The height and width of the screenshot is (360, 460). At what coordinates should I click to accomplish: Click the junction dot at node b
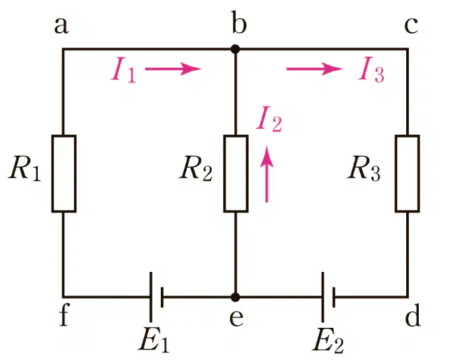point(235,49)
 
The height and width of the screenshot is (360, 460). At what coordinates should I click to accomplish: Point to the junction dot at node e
point(235,297)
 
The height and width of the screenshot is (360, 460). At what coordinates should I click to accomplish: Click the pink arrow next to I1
point(173,69)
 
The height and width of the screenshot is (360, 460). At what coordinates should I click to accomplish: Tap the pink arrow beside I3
point(315,69)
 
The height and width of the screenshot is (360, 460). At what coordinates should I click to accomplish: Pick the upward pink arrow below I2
point(266,174)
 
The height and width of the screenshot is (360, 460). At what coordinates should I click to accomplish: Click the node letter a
point(62,26)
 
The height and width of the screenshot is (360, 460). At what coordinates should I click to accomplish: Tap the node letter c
point(411,26)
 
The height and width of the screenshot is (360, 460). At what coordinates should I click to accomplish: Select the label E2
point(329,340)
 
